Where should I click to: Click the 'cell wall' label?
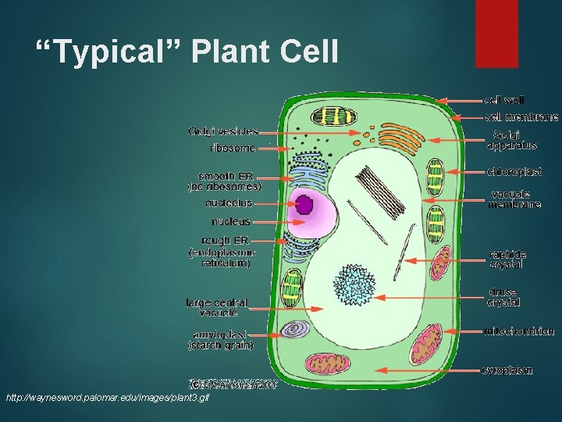point(504,100)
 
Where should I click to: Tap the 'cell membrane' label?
point(521,117)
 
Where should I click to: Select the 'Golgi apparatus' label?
point(511,140)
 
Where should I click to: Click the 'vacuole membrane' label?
point(514,199)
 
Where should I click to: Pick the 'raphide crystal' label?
point(507,259)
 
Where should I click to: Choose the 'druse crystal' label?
point(503,297)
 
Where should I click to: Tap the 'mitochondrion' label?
point(519,331)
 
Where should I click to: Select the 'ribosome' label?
point(232,148)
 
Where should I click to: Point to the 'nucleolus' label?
point(229,203)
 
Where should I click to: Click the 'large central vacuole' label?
point(216,307)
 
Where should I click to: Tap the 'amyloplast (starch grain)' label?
point(221,339)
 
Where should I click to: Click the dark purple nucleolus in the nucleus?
point(304,206)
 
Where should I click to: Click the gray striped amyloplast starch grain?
point(296,330)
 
